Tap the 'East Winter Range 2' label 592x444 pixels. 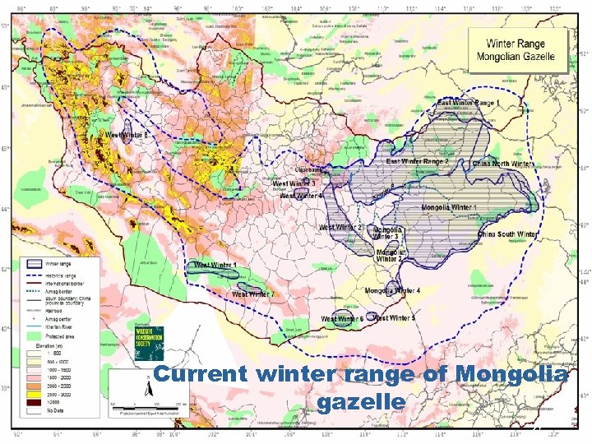coord(418,162)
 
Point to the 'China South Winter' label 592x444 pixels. coord(507,234)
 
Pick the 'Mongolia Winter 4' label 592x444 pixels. coord(392,291)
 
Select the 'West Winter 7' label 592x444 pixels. coord(253,294)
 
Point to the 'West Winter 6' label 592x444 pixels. coord(342,318)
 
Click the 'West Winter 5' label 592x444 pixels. coord(394,317)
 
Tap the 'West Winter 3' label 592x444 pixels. coord(294,183)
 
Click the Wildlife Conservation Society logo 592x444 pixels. coord(148,343)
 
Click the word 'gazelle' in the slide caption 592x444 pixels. coord(360,401)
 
